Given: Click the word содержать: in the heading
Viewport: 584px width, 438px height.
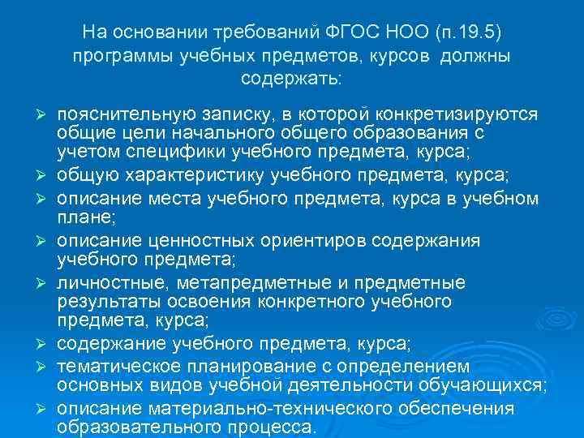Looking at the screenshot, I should pos(292,79).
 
